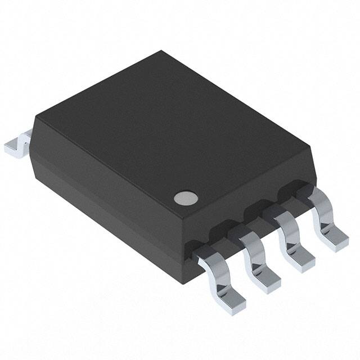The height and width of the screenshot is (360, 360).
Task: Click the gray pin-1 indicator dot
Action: (185, 197)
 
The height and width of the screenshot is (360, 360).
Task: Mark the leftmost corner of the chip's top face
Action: (35, 116)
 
